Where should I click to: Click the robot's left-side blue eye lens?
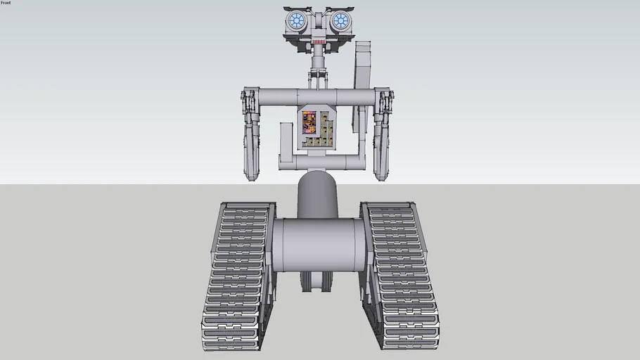point(297,20)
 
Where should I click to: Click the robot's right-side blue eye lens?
point(340,20)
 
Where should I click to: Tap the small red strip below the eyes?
point(319,42)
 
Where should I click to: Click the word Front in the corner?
point(6,3)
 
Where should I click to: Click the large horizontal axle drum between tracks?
point(319,245)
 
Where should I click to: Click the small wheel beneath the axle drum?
point(317,281)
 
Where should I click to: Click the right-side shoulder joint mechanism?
point(384,103)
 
